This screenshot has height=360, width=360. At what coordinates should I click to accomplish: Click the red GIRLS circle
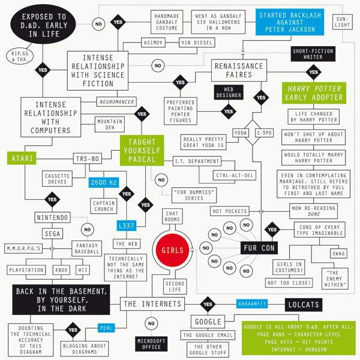172,250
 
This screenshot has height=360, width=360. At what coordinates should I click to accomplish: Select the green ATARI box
22,158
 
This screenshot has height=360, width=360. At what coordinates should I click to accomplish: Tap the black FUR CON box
259,248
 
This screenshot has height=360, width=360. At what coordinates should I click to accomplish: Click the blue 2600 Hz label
104,182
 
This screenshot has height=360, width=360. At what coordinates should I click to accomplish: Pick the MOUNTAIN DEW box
110,124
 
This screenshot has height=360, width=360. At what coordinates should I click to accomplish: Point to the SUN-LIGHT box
343,22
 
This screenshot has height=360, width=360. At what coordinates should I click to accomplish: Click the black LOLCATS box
304,305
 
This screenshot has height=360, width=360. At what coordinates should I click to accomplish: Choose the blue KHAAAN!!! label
252,304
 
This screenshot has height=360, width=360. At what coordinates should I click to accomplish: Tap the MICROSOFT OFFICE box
151,344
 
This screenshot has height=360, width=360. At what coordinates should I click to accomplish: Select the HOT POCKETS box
230,211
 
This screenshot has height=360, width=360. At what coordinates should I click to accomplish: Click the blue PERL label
106,328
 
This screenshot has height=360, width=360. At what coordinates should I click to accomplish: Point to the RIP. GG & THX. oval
20,56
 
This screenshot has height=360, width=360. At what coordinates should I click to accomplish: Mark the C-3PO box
264,133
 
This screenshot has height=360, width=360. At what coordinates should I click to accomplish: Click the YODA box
241,133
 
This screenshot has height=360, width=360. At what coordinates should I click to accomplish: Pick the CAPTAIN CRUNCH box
104,206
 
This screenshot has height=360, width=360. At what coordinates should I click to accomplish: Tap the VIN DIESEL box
197,43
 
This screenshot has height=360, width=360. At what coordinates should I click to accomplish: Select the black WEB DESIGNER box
229,92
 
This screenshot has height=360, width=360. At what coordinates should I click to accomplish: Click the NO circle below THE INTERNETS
151,323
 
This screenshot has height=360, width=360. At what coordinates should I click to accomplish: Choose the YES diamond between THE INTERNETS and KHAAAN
208,304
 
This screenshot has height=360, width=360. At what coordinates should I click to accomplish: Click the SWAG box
338,253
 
